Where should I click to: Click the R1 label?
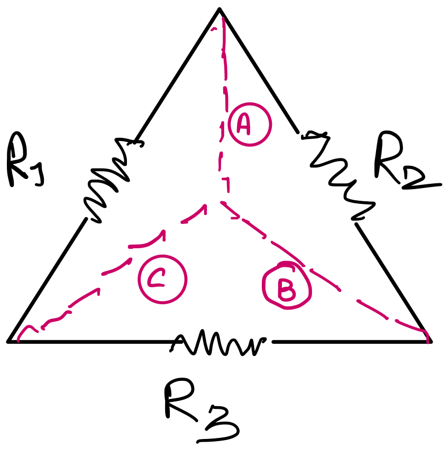25,161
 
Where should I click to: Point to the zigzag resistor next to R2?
339,175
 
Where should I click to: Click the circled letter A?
250,124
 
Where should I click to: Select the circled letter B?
287,285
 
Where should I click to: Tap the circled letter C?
162,279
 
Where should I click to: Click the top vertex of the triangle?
220,10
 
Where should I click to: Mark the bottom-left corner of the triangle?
8,341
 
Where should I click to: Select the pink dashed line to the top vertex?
223,109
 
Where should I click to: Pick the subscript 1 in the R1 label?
40,175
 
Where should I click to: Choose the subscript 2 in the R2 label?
422,179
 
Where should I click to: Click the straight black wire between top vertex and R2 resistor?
259,71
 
